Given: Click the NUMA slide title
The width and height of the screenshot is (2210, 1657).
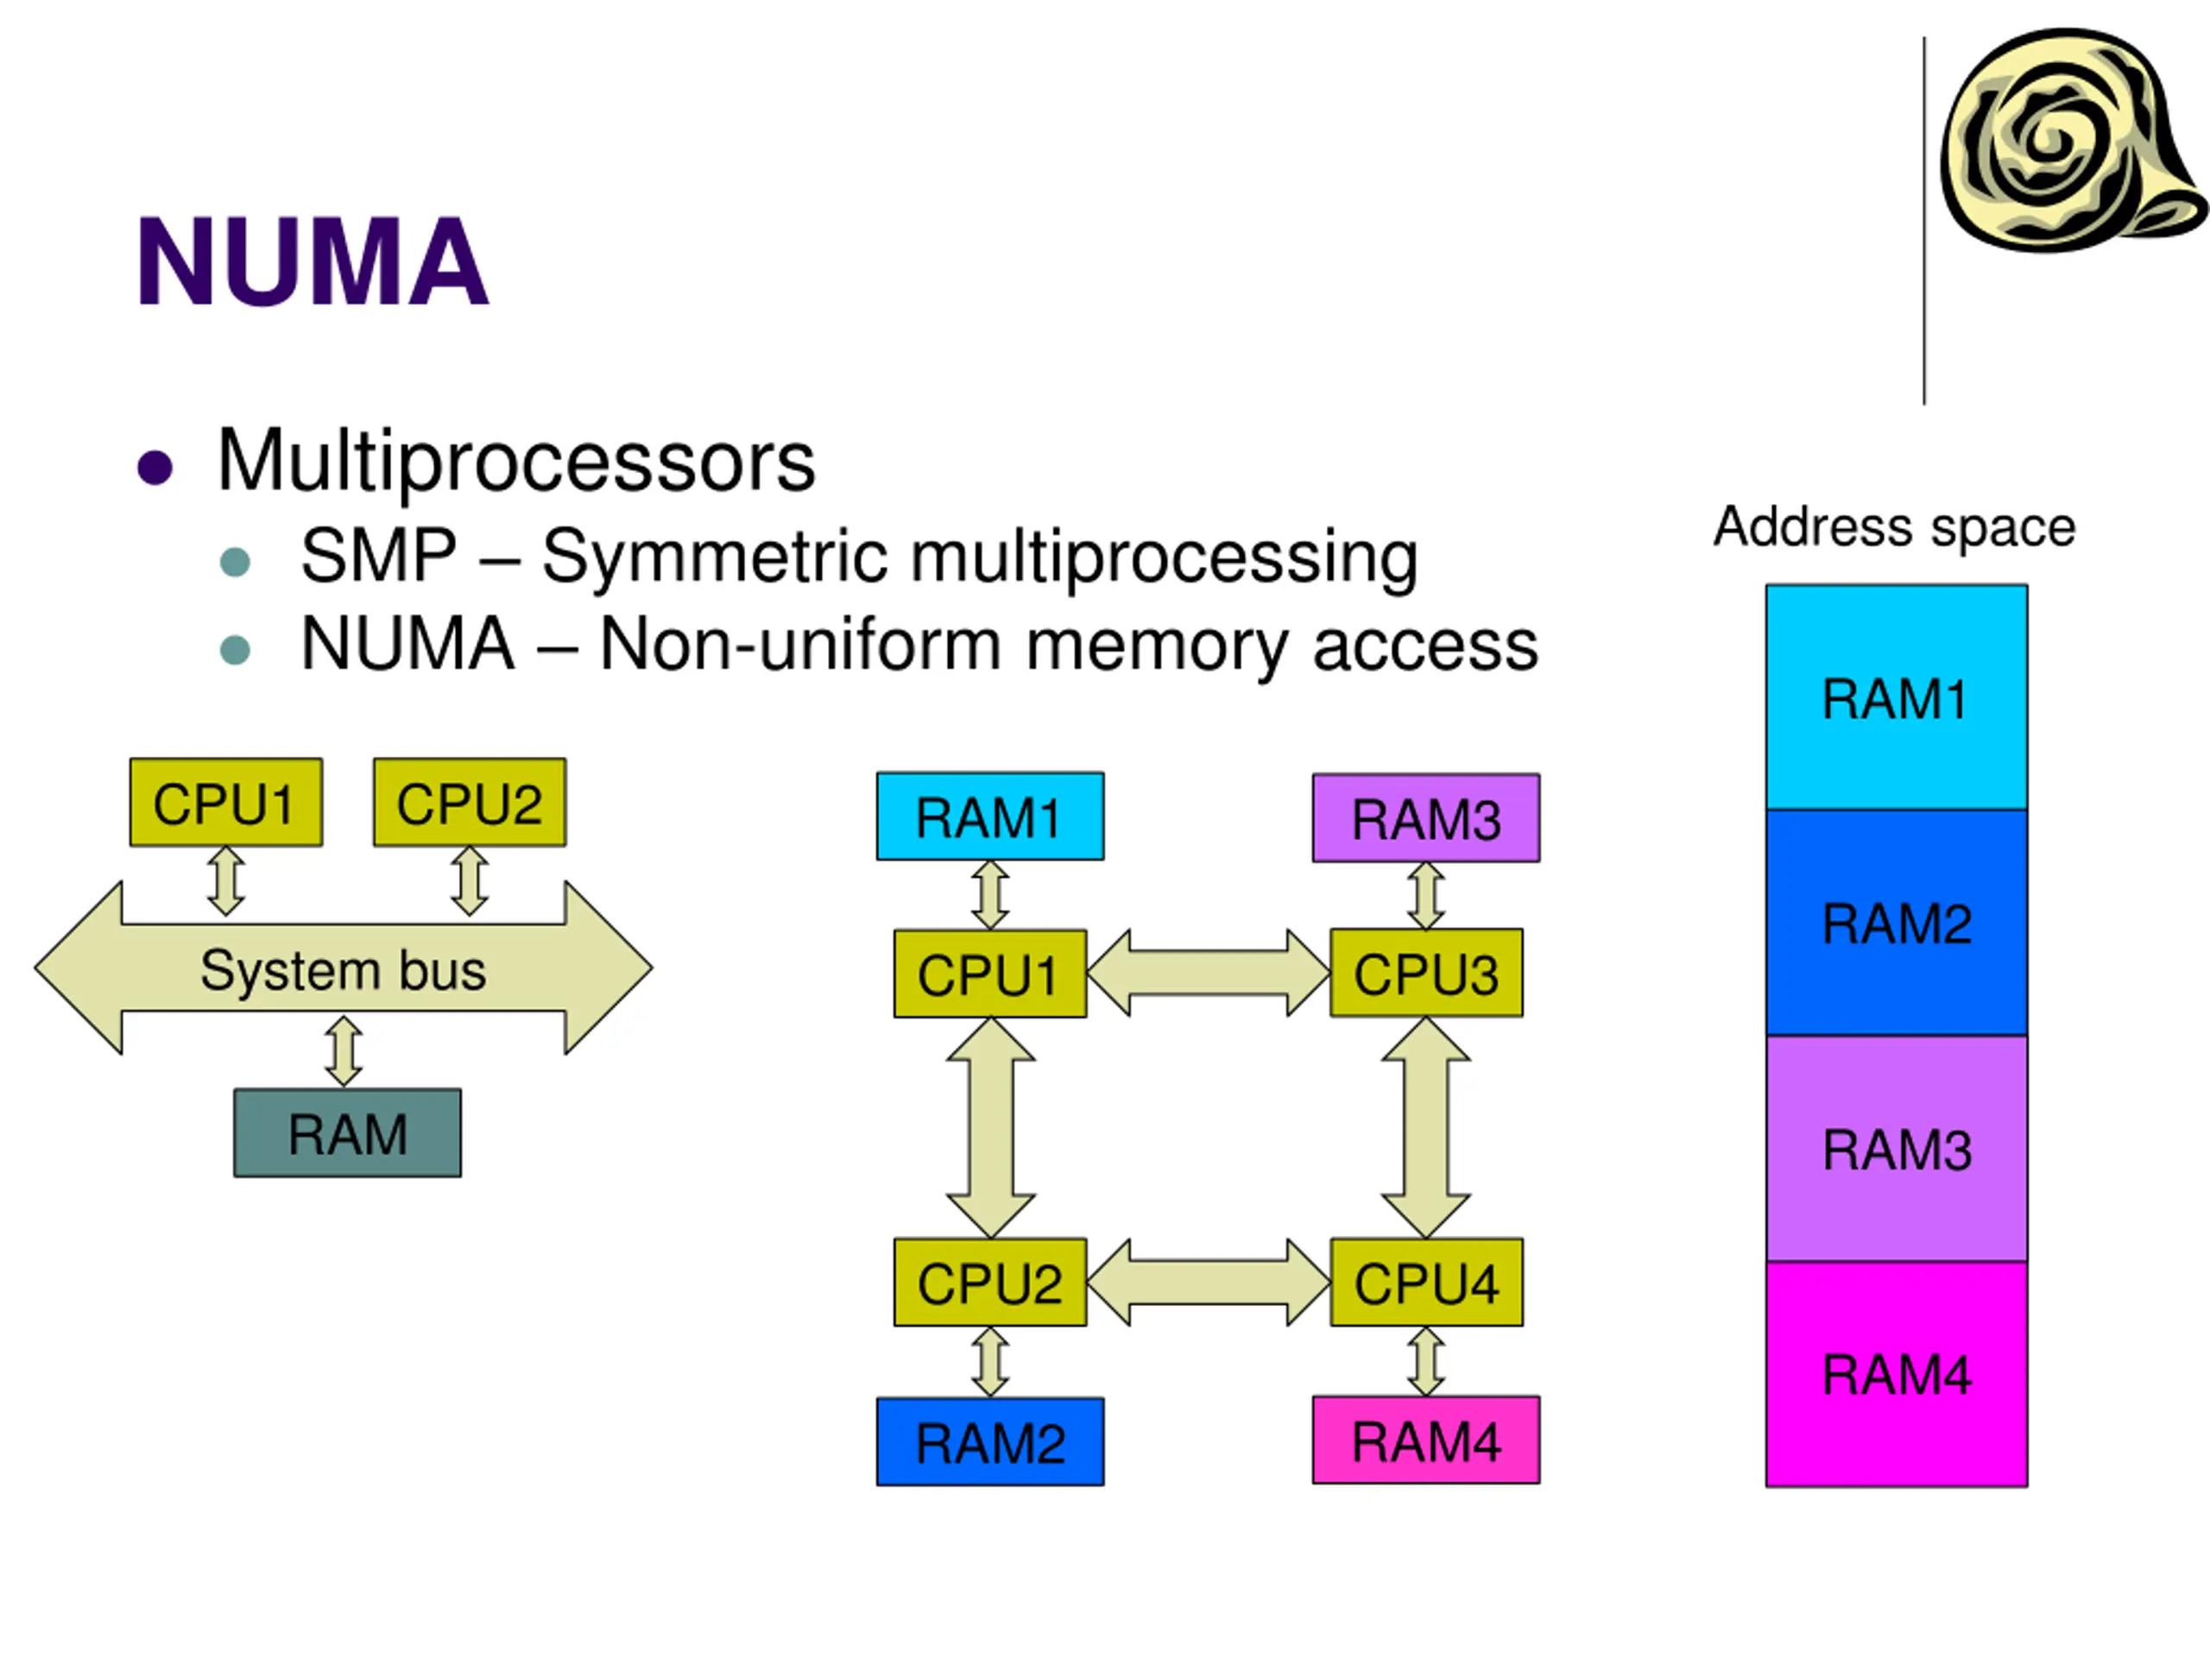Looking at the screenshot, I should point(312,261).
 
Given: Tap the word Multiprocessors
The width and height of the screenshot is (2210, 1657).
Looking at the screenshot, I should point(515,462).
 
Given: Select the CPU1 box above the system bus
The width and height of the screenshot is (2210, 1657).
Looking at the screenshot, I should point(226,803).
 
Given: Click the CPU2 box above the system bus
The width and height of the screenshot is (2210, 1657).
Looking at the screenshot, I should point(470,803).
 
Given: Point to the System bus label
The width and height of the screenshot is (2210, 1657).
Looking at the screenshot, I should point(343,970).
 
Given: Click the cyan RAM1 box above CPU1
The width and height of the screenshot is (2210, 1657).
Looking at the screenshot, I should point(990,817).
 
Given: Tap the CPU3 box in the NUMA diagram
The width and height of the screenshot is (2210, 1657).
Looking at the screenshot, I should point(1426,973).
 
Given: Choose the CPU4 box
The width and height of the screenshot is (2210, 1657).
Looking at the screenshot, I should point(1426,1282).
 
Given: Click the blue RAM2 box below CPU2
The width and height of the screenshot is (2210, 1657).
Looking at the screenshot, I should point(990,1442).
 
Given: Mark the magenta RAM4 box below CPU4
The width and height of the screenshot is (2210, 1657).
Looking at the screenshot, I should point(1426,1440).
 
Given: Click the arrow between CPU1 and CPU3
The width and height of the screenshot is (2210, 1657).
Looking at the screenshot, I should point(1208,973).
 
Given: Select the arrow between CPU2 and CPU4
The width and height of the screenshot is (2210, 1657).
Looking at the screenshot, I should point(1208,1282).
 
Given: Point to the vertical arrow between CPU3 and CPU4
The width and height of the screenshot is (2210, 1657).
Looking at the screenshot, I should point(1426,1128).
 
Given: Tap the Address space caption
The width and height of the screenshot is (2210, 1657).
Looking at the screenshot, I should point(1894,526).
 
